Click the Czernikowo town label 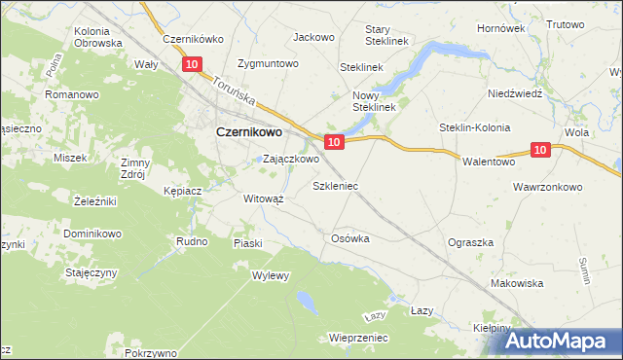tap(248, 132)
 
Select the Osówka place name tap(350, 238)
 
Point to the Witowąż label tap(263, 198)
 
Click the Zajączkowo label tap(291, 159)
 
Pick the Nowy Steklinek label tap(374, 100)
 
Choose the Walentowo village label tap(489, 162)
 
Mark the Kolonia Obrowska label tap(98, 37)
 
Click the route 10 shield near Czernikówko tap(192, 64)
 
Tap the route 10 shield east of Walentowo tap(542, 149)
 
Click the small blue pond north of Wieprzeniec tap(307, 300)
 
